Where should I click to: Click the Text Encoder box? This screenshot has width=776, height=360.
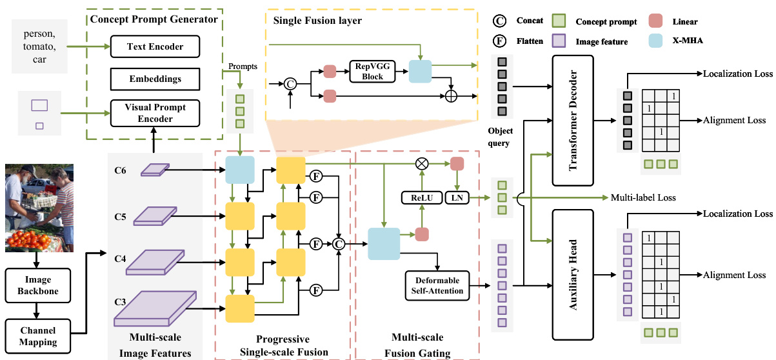point(155,46)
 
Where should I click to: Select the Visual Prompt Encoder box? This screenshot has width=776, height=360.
point(155,112)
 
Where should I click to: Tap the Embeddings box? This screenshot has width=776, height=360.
point(155,79)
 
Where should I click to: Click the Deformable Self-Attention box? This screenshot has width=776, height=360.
point(437,285)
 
